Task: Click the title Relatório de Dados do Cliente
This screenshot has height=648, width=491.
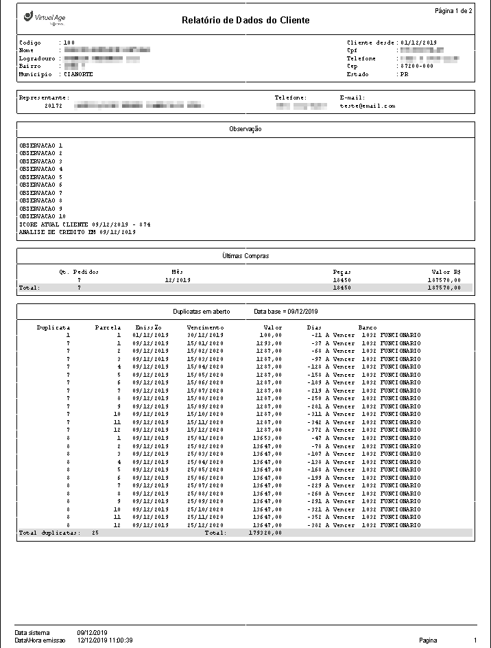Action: click(245, 21)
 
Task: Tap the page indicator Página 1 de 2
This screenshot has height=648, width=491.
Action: click(453, 11)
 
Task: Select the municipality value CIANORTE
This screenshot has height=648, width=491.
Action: click(78, 74)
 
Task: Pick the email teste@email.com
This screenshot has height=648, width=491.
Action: click(368, 106)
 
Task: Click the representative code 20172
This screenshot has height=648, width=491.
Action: click(53, 106)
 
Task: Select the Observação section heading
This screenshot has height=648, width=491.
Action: click(245, 129)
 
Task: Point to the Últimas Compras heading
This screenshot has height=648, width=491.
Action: click(245, 256)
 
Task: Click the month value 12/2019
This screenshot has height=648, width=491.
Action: click(178, 280)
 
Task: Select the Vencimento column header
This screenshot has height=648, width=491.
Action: click(205, 327)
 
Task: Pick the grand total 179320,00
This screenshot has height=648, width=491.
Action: click(265, 533)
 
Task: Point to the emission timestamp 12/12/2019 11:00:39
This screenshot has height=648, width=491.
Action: click(105, 640)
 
